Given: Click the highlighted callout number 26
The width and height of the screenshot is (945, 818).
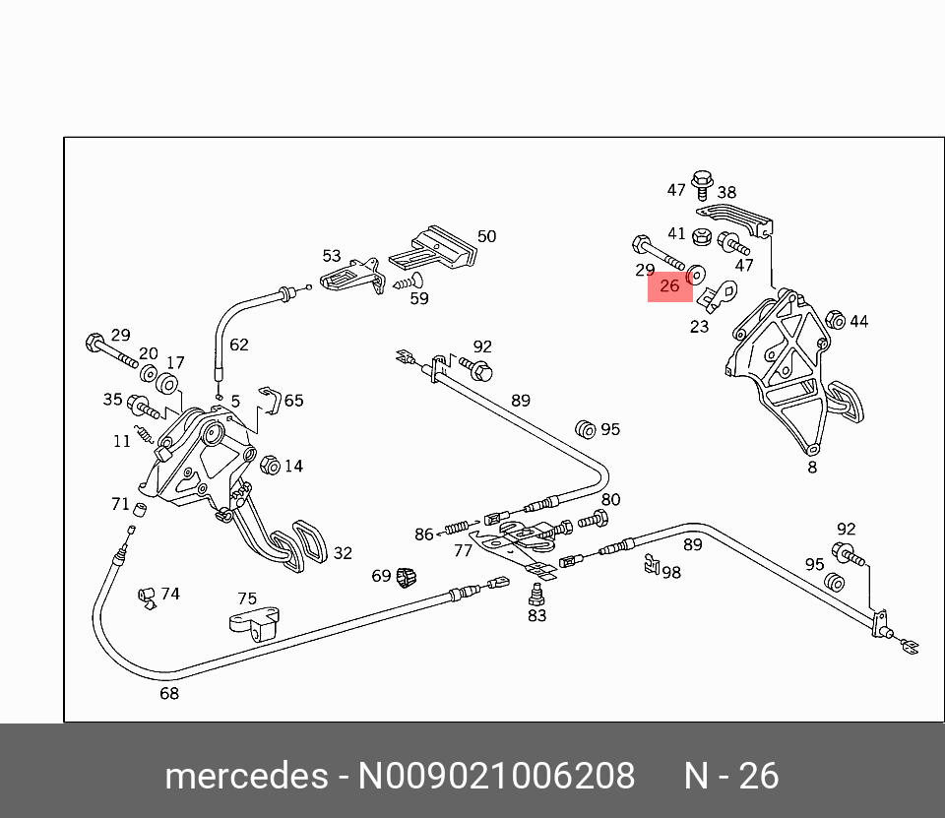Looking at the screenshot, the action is (x=669, y=286).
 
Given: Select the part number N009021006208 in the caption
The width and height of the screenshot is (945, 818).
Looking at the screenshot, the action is (x=496, y=777).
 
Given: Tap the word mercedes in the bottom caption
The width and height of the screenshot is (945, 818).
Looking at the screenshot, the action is (x=245, y=777).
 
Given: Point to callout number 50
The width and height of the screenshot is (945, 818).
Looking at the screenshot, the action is (x=486, y=236).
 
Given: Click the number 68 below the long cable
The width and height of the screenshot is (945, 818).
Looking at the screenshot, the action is (x=169, y=694).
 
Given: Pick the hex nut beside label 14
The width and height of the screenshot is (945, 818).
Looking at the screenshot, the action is (x=269, y=465).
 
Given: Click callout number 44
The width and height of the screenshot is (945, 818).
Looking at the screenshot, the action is (x=859, y=321).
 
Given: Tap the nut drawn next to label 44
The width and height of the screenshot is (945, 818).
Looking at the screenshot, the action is (x=833, y=319).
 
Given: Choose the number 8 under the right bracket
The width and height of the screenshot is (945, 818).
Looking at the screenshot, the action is (x=812, y=468).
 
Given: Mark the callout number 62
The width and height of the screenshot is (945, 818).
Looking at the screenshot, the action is (x=239, y=345).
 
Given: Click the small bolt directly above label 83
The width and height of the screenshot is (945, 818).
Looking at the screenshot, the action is (x=535, y=594).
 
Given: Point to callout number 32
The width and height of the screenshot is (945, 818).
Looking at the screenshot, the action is (x=342, y=553).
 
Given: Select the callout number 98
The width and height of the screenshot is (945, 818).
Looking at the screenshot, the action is (x=671, y=572).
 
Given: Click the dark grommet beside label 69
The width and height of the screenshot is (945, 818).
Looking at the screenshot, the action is (x=405, y=577).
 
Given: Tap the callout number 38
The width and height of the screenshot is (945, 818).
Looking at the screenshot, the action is (x=726, y=193).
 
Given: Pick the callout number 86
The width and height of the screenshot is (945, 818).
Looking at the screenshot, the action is (x=423, y=535).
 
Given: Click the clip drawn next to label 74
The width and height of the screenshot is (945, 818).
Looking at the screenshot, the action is (x=146, y=595).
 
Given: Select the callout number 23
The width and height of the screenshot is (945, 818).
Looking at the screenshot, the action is (x=699, y=327).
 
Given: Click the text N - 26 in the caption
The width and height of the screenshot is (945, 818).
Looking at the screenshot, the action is (x=731, y=777).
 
